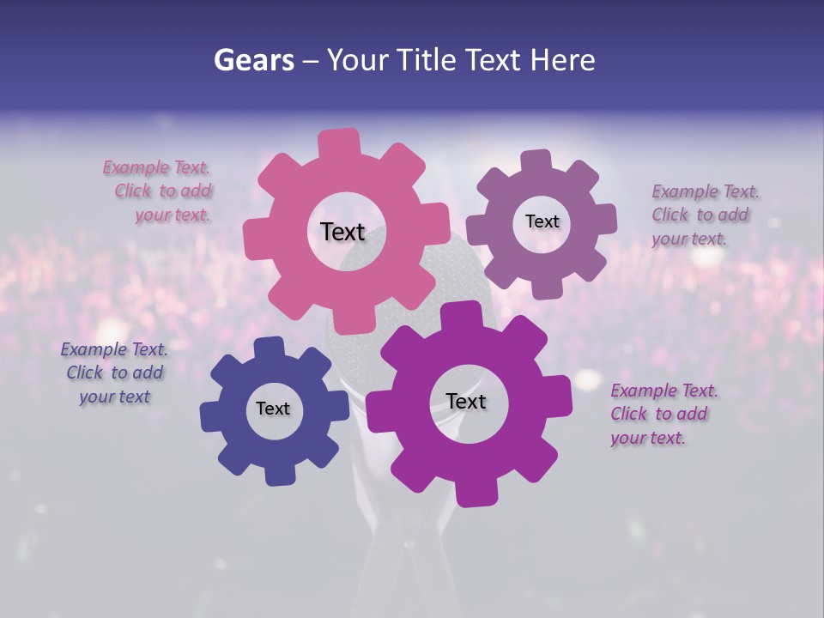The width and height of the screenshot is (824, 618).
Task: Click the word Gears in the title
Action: [x=253, y=61]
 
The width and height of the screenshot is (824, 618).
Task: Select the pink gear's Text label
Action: [x=342, y=232]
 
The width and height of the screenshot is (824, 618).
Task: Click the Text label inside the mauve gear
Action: [x=542, y=221]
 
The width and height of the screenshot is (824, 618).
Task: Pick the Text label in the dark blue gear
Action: [x=273, y=409]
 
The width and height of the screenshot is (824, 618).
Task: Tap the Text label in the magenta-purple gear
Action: [x=466, y=402]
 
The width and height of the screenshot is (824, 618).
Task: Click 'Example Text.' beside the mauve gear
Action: [x=706, y=191]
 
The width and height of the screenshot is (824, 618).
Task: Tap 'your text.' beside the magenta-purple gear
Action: [x=648, y=438]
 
